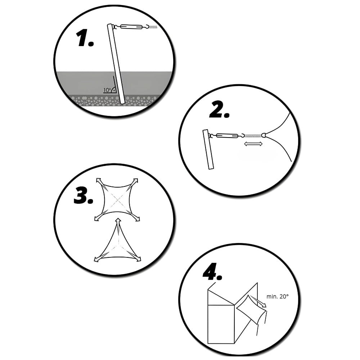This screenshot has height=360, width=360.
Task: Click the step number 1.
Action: tap(85, 39)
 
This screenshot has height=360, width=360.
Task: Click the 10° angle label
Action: tap(107, 90)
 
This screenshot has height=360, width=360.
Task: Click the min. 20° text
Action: tap(278, 297)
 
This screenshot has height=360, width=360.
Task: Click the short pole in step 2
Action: tap(208, 149)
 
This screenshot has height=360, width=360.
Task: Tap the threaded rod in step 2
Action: tap(253, 136)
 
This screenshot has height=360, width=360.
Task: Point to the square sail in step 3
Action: tap(117, 200)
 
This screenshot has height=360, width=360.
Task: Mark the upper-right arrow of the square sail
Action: tap(134, 182)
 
